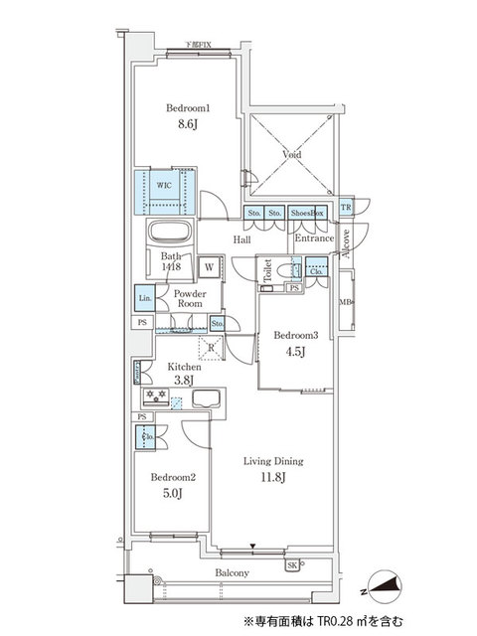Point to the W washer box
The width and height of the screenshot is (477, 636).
coord(210,266)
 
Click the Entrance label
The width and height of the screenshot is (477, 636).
coord(314,238)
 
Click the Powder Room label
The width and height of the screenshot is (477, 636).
coord(189,298)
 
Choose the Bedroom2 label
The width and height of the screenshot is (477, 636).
coord(173,478)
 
